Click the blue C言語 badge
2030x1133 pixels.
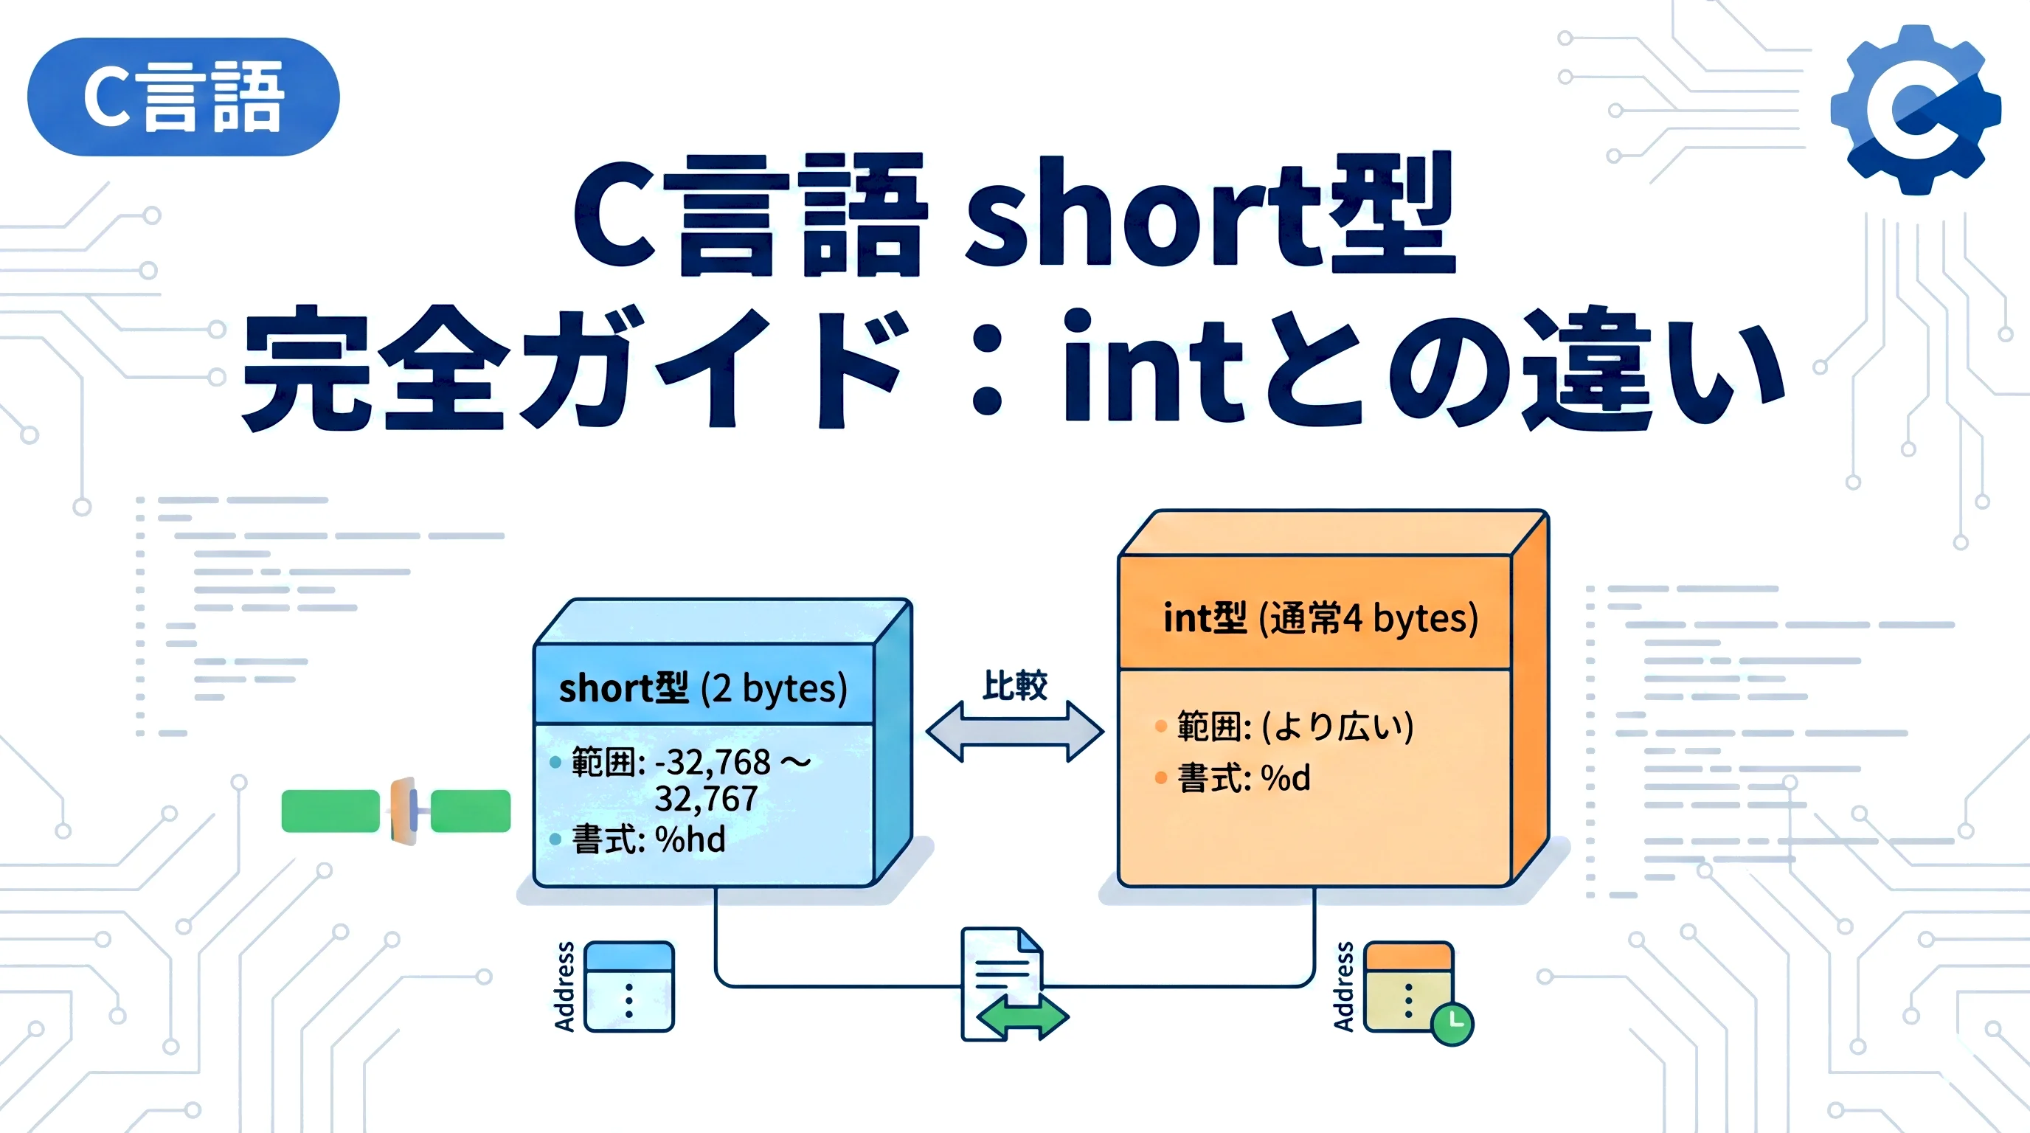pos(183,96)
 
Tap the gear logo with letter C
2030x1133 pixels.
pos(1915,111)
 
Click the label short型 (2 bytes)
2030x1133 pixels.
pos(702,687)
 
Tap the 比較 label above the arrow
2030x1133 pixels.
pos(1014,685)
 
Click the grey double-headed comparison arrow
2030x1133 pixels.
pos(1014,731)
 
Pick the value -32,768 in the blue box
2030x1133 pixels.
pos(717,762)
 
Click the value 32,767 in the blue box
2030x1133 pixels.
pos(706,799)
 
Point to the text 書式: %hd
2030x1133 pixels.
pos(648,839)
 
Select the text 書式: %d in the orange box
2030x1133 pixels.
pos(1244,778)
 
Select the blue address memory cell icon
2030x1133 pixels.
pos(629,986)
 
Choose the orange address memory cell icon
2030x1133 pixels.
pos(1407,985)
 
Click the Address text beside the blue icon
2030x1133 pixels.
pos(564,986)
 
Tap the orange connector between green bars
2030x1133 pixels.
pos(404,811)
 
